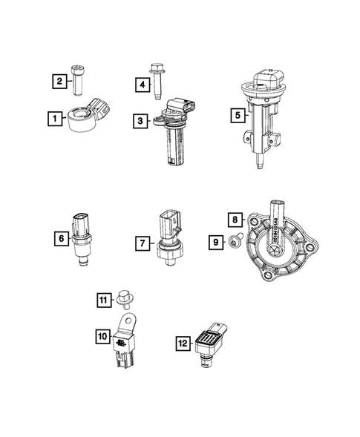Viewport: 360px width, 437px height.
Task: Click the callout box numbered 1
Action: (x=52, y=117)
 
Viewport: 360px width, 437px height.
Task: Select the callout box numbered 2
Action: (x=57, y=81)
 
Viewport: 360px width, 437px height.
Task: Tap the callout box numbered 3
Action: (x=140, y=119)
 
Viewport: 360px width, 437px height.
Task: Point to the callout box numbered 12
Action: (x=181, y=342)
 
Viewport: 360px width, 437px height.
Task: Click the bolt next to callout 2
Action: (x=79, y=80)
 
